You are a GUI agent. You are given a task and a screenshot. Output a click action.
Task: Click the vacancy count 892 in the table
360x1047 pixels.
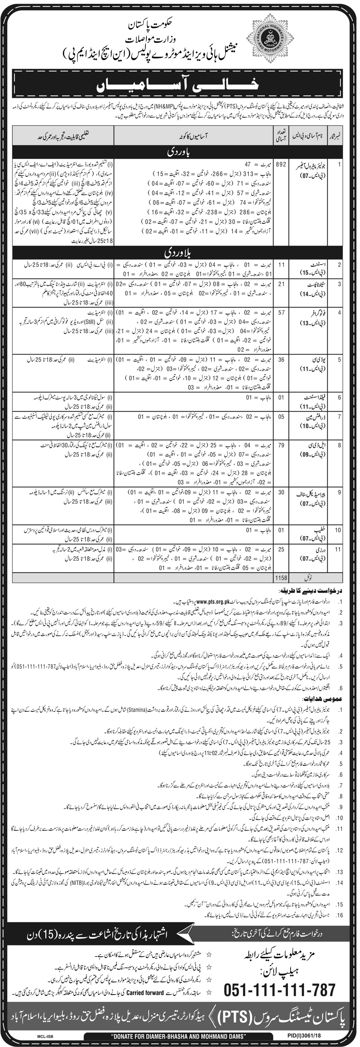click(281, 165)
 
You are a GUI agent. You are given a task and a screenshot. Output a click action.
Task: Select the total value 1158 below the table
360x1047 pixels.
click(281, 578)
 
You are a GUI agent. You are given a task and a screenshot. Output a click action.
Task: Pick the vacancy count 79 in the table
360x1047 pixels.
click(281, 445)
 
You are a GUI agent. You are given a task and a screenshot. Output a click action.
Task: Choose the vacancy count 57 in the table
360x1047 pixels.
click(281, 313)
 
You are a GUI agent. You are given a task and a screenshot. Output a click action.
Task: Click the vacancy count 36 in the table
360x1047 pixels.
click(281, 360)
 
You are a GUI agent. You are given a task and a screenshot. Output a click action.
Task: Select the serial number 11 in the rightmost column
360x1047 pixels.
click(340, 549)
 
